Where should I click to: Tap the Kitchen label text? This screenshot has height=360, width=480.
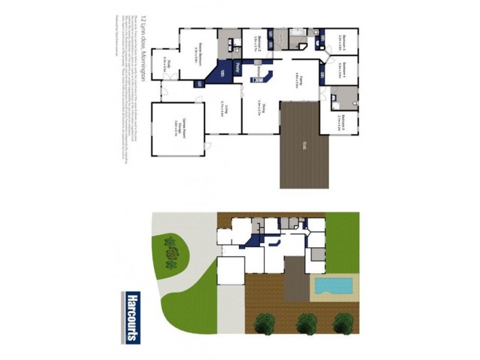coord(254,71)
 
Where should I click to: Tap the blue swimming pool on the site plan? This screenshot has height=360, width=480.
coord(333,286)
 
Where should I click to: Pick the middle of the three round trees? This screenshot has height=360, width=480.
coord(306,324)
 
